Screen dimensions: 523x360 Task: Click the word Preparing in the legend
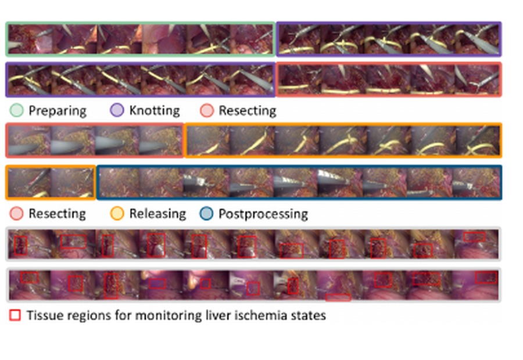click(58, 111)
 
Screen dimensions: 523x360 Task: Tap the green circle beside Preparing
click(16, 110)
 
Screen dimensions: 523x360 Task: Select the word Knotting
click(155, 110)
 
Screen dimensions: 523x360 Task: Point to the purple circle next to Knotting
click(117, 110)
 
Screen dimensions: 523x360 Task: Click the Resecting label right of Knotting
click(248, 110)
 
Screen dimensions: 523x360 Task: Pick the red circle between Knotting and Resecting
click(207, 110)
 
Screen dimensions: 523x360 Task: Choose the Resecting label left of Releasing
click(58, 214)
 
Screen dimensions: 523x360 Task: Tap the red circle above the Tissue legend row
click(16, 213)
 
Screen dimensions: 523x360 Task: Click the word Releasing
click(157, 214)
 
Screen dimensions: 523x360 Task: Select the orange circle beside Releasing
click(117, 213)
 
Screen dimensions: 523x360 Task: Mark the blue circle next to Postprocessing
click(206, 213)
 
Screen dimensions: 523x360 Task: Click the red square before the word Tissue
click(15, 315)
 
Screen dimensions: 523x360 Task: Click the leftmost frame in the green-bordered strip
click(30, 39)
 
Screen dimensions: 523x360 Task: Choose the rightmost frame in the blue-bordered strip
click(476, 182)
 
